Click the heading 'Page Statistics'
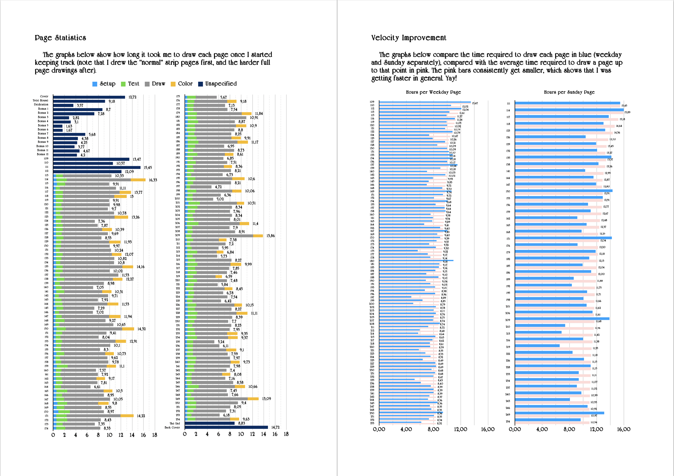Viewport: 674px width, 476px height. coord(60,37)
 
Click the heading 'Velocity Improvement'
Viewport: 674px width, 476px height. coord(408,37)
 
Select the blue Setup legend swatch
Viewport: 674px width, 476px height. coord(95,84)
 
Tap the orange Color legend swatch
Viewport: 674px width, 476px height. coord(173,84)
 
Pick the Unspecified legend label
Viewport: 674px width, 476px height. coord(221,84)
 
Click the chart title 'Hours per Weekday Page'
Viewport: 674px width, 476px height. coord(433,92)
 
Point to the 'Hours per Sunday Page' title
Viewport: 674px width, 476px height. coord(569,92)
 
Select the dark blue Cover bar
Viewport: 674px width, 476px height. coord(89,97)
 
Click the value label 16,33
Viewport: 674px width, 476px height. coord(153,180)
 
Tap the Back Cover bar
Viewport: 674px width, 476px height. coord(226,427)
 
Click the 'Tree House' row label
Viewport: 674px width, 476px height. coord(40,100)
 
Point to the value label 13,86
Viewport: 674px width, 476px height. coord(270,236)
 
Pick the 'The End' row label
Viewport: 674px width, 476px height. coord(175,423)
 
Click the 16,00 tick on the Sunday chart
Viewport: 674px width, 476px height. coord(624,429)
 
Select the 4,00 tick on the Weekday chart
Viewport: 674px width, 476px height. coord(406,429)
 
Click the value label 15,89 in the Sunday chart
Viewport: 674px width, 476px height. coord(627,112)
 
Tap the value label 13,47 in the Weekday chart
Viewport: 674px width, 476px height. coord(475,103)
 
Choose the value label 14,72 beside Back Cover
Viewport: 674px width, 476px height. coord(275,427)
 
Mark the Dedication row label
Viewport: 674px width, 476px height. coord(41,105)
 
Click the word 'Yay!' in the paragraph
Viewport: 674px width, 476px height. coord(451,78)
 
